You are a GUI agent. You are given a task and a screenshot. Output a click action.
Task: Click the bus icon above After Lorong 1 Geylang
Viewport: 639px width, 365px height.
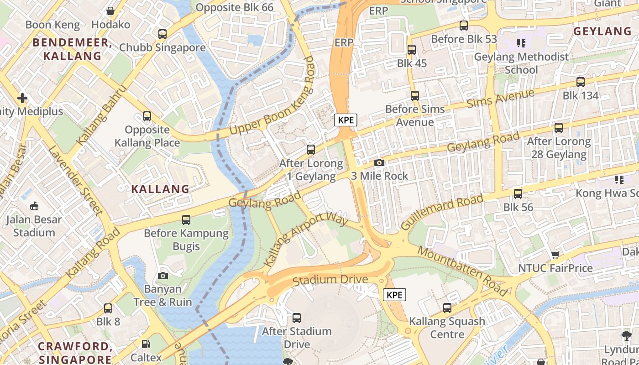click(311, 149)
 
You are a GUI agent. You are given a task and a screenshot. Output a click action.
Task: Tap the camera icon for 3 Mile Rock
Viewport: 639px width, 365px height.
click(379, 162)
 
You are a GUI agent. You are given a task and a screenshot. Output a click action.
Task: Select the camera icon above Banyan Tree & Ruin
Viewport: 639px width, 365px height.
click(162, 276)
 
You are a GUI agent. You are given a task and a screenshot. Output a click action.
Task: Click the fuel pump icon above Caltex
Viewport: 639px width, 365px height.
click(146, 344)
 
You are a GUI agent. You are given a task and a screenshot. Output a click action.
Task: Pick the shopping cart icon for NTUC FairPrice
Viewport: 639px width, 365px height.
click(555, 255)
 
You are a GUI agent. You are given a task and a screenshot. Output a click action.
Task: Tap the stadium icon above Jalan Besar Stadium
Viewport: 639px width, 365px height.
click(34, 206)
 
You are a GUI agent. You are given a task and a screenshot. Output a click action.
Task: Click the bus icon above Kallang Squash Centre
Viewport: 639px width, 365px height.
click(447, 308)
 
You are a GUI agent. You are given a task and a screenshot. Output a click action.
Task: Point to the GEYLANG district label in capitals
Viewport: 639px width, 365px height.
click(602, 31)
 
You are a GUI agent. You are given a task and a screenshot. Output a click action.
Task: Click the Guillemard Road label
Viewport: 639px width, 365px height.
click(442, 213)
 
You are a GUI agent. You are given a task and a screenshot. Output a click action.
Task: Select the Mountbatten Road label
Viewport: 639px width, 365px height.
click(461, 271)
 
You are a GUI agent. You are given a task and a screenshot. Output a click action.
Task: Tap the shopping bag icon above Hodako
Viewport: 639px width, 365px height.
click(110, 11)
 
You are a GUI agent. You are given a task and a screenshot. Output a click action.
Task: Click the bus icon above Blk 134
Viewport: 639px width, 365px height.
click(580, 82)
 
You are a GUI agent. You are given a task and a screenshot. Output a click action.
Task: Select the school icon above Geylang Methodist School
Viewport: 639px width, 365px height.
click(521, 43)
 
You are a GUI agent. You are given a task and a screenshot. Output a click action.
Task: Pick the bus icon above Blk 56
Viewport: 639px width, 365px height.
click(518, 194)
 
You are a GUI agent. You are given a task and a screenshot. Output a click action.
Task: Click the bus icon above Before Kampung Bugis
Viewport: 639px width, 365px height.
click(186, 220)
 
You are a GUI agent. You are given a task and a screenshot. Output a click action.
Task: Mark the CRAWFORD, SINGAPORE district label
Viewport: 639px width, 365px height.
click(75, 352)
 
